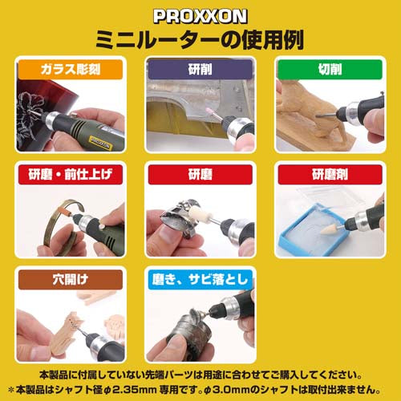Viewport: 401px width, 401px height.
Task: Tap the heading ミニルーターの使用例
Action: click(x=200, y=38)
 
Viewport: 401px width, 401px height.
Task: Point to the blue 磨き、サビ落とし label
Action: click(x=200, y=282)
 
